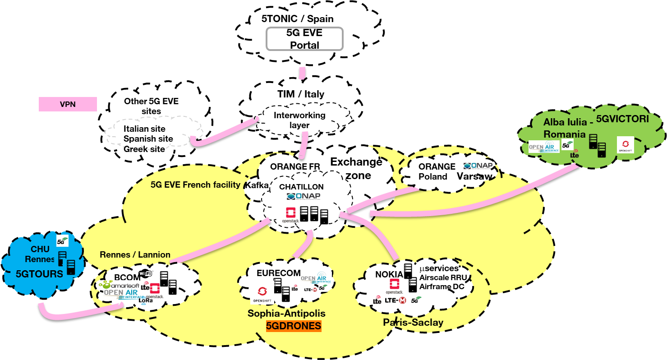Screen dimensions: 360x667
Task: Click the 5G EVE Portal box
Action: pyautogui.click(x=304, y=39)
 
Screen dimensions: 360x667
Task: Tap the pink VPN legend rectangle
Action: pyautogui.click(x=68, y=104)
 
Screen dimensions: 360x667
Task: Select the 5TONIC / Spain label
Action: pyautogui.click(x=297, y=19)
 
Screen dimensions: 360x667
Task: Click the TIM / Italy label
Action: pyautogui.click(x=300, y=94)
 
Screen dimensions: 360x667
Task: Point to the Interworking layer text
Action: pyautogui.click(x=299, y=120)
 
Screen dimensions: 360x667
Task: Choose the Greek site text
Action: pyautogui.click(x=144, y=148)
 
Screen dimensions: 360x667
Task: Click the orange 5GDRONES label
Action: pyautogui.click(x=294, y=326)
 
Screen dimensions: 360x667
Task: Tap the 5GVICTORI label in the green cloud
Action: pyautogui.click(x=622, y=119)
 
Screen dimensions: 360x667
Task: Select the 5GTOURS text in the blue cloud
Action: pyautogui.click(x=39, y=273)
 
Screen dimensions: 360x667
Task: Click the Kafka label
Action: pyautogui.click(x=256, y=185)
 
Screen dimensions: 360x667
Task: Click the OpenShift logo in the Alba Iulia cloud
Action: pyautogui.click(x=626, y=145)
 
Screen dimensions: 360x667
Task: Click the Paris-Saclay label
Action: pyautogui.click(x=413, y=322)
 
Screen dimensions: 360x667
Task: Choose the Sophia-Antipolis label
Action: pyautogui.click(x=286, y=313)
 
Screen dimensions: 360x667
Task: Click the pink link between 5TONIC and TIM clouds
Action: pyautogui.click(x=302, y=73)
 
